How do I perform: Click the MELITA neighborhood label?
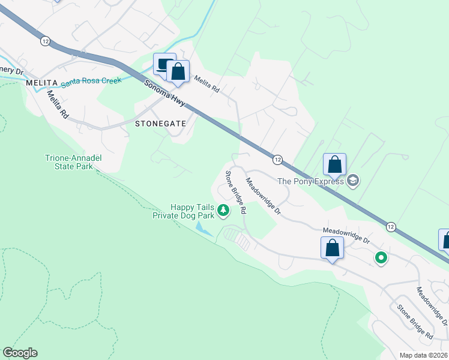point(41,82)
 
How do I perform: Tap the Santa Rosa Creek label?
point(91,80)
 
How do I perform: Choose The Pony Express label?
point(310,181)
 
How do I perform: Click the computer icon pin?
point(163,64)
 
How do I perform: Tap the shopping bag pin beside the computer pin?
point(178,71)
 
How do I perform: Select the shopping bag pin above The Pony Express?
point(334,164)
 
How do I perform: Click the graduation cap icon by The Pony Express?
point(353,181)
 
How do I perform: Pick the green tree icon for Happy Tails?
point(223,210)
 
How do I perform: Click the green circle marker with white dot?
point(381,258)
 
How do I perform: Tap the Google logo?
point(20,353)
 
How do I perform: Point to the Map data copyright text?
point(423,355)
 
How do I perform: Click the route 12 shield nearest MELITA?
point(46,41)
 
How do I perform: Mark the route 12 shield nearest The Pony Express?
point(277,160)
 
